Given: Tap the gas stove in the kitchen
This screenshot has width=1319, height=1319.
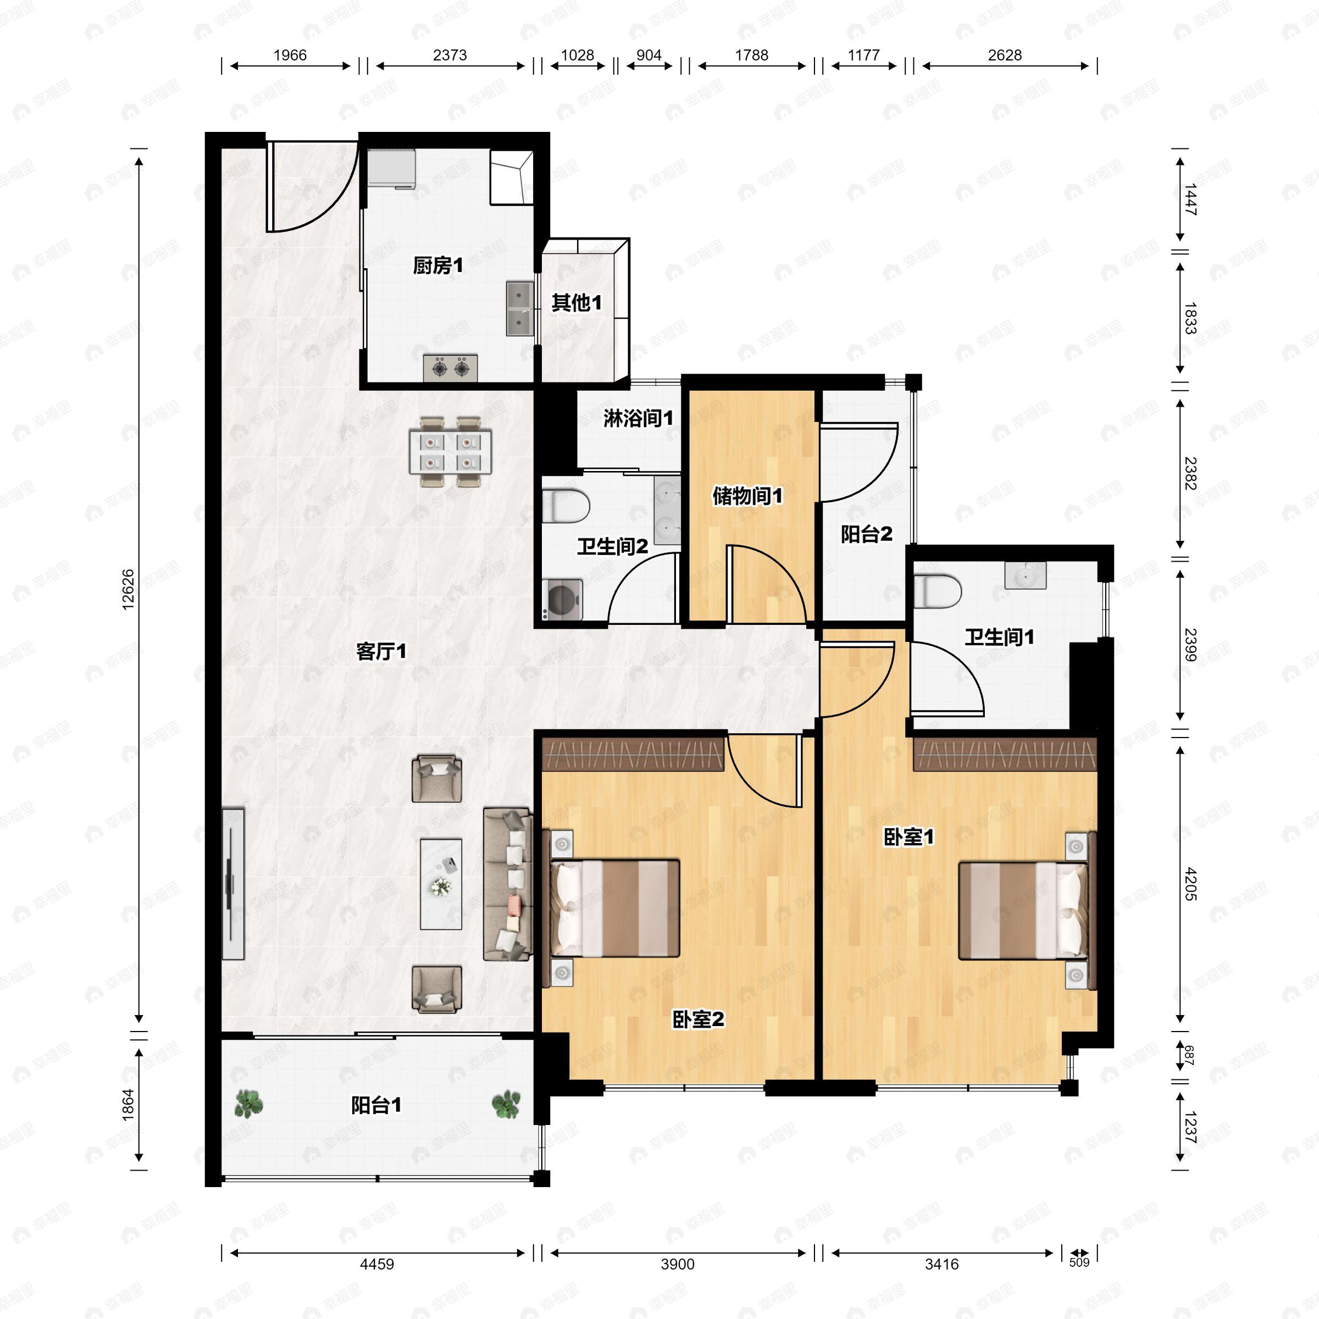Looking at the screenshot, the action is pos(450,369).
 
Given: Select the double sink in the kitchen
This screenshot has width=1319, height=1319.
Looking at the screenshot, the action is pos(519,308).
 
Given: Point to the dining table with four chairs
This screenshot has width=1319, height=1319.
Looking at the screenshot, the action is pos(451,452).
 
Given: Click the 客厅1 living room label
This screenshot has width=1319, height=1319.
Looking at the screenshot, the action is pos(381,651).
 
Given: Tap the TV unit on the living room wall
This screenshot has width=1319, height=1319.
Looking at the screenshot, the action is pos(233,884).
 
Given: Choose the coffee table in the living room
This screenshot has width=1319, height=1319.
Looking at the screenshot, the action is pos(441,884).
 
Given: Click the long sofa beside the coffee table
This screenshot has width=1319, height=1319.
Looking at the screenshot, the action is pos(508,884).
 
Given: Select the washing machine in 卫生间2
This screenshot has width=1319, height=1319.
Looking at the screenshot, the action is pos(563,600).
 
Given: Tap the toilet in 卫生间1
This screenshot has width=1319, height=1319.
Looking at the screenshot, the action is pos(938,591).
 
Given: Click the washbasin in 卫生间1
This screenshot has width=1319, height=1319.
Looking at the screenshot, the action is pos(1025,575).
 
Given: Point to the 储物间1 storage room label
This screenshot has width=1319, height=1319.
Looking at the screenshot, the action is pos(747,496).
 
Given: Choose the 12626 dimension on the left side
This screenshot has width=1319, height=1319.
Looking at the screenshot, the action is pos(129,589).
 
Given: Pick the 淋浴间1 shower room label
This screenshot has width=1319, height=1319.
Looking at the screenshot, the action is pos(638,418).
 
